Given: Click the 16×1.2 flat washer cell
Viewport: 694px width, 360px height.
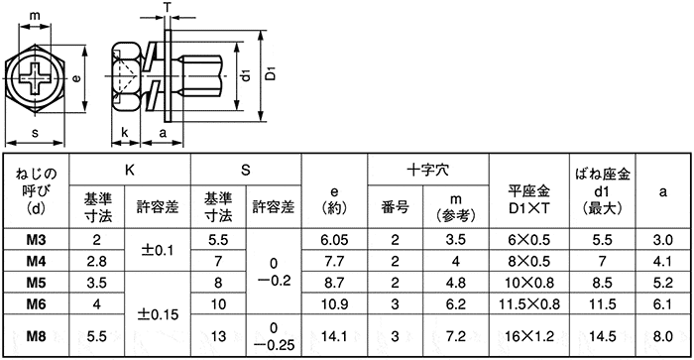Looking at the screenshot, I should click(527, 336).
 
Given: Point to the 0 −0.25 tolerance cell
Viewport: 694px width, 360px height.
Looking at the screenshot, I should click(273, 336).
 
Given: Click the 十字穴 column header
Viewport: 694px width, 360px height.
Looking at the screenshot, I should click(427, 169).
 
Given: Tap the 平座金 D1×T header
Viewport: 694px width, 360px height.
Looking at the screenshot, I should click(527, 198).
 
